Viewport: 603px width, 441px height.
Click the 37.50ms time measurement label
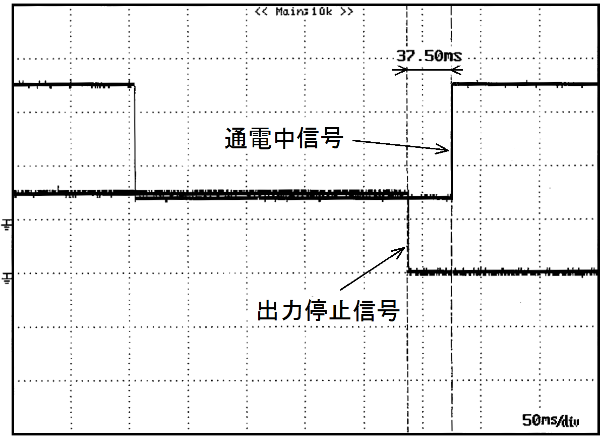point(429,56)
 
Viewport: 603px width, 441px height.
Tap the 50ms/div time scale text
point(551,420)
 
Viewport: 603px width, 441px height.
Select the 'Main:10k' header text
point(304,12)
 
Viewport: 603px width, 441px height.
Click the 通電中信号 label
point(283,138)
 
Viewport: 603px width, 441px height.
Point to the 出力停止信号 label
point(328,310)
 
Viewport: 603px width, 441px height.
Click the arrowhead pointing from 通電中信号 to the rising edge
point(444,149)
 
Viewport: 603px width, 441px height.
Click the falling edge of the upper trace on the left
point(135,139)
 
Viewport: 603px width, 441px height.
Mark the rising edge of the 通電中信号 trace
point(452,141)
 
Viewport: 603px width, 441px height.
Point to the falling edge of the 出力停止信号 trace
point(408,234)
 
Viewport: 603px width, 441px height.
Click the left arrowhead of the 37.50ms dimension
point(402,70)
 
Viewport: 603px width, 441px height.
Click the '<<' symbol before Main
point(261,12)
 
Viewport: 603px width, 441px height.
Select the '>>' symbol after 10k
point(346,12)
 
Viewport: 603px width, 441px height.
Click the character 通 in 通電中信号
point(236,138)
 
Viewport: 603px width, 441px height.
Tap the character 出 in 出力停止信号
point(268,310)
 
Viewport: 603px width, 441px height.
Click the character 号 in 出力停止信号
point(388,310)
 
